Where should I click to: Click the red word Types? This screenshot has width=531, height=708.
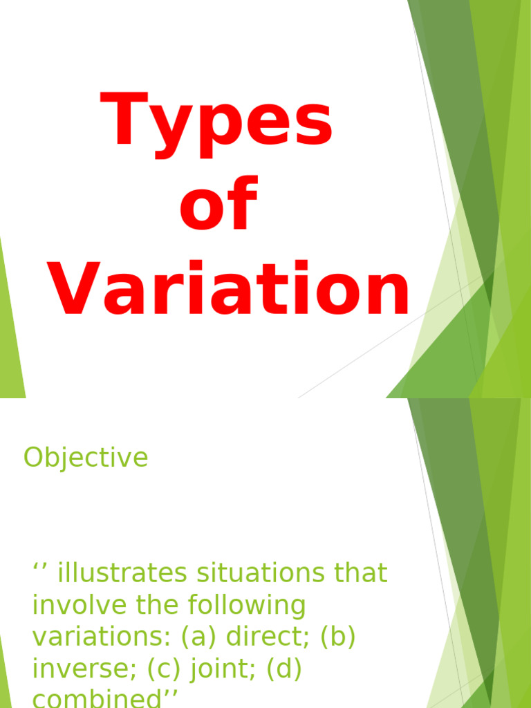216,124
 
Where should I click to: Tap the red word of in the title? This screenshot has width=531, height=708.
218,203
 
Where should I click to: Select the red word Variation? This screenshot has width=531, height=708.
228,288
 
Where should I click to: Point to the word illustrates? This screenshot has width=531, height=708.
122,573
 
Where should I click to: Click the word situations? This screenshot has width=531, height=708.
261,573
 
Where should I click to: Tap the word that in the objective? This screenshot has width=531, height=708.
361,573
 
